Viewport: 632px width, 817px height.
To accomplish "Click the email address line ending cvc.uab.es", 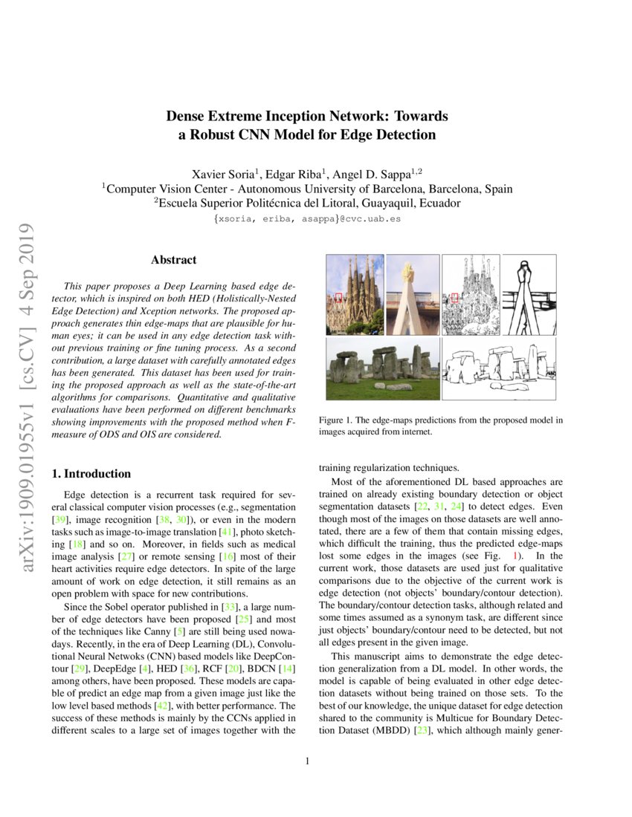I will pyautogui.click(x=307, y=220).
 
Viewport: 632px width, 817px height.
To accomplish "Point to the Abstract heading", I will pyautogui.click(x=173, y=260).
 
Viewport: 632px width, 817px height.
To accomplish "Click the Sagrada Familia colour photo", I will pyautogui.click(x=355, y=294).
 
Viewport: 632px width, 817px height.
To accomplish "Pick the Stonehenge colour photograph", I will pyautogui.click(x=382, y=370).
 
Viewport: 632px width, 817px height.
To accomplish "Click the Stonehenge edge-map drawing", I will pyautogui.click(x=499, y=370).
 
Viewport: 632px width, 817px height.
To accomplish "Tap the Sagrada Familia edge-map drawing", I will pyautogui.click(x=470, y=294).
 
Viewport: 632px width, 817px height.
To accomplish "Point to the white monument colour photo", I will pyautogui.click(x=413, y=294).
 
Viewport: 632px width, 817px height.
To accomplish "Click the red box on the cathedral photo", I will pyautogui.click(x=338, y=298).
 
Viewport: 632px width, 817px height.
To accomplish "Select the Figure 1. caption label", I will pyautogui.click(x=338, y=420).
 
